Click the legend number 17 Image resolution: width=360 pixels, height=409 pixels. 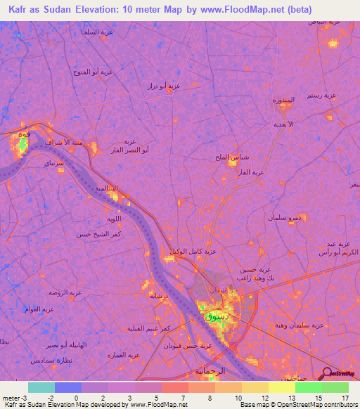[345, 398]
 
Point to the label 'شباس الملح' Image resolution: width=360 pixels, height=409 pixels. [233, 157]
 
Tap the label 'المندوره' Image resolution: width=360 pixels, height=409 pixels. [283, 100]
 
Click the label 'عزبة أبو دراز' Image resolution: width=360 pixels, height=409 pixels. [164, 86]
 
